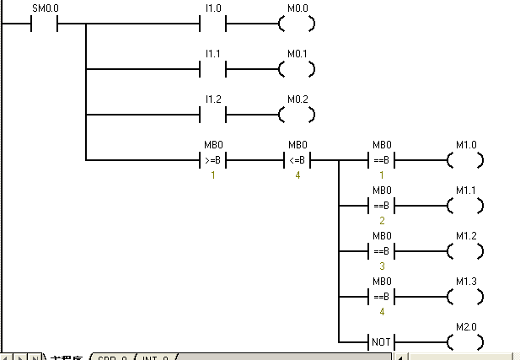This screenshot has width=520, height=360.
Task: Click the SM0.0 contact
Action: click(x=45, y=24)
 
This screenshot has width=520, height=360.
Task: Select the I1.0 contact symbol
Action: click(x=213, y=24)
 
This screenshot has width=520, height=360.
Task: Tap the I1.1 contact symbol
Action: click(x=213, y=69)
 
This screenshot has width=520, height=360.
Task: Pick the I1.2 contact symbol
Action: click(x=213, y=115)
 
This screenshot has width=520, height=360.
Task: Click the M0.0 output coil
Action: click(x=298, y=24)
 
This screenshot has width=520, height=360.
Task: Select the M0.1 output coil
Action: click(x=298, y=69)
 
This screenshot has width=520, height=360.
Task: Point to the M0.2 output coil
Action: click(x=298, y=115)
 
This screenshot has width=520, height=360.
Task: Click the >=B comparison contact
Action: click(x=213, y=159)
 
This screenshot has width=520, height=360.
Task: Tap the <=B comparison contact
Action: click(x=298, y=159)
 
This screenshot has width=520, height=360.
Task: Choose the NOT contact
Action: click(x=382, y=342)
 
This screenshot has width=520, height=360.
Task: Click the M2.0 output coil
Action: click(x=466, y=342)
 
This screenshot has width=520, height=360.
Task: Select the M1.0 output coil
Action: click(x=466, y=159)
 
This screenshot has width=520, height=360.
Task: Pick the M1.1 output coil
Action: click(x=466, y=205)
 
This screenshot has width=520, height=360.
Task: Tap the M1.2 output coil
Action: click(x=466, y=251)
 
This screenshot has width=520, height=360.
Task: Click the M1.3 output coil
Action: click(x=466, y=297)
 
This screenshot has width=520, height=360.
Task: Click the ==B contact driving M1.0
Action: click(x=382, y=159)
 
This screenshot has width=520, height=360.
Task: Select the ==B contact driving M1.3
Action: click(x=382, y=297)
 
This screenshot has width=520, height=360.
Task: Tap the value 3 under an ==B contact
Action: click(x=382, y=266)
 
